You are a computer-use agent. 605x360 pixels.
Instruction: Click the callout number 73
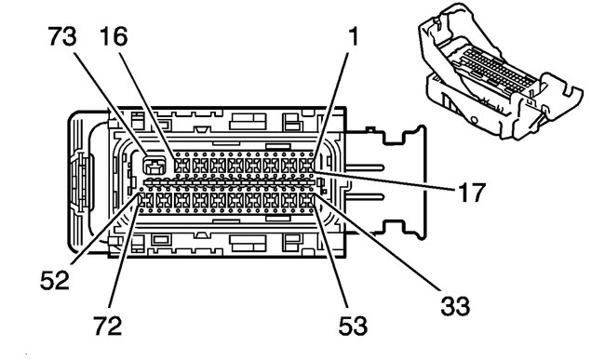[x=62, y=37]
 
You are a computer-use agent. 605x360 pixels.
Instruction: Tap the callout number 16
[x=114, y=37]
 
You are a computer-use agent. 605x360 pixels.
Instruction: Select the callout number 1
[x=353, y=37]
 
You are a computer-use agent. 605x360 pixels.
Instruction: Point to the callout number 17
[x=471, y=193]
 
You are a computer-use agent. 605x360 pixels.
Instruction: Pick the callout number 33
[x=455, y=306]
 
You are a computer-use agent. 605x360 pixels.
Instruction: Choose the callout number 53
[x=353, y=325]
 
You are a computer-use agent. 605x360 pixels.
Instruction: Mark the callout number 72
[x=108, y=325]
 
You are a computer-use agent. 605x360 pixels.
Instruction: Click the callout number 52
[x=55, y=280]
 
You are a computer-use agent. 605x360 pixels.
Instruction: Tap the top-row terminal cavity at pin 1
[x=307, y=167]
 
